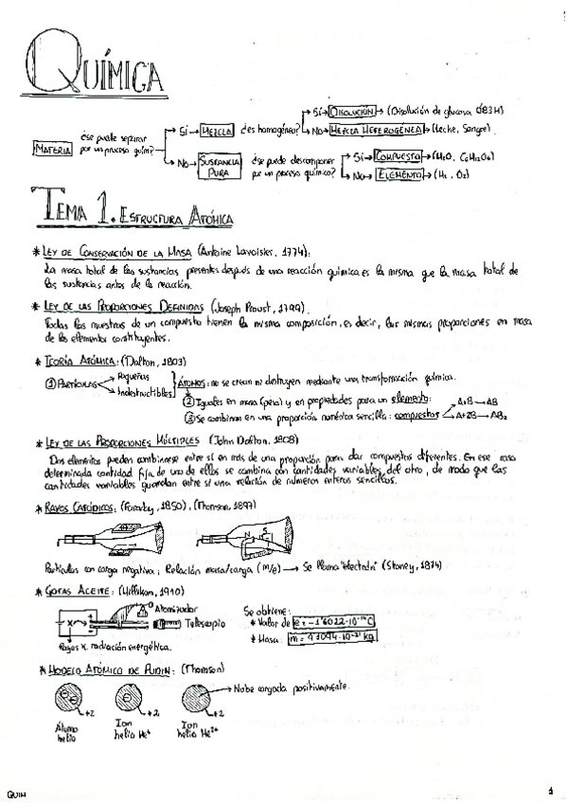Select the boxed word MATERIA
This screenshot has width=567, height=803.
pos(53,149)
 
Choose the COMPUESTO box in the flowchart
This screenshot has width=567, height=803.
pos(398,157)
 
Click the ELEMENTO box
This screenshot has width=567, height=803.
pos(398,176)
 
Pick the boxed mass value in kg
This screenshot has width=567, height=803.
pos(332,637)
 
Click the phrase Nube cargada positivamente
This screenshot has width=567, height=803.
pos(288,686)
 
